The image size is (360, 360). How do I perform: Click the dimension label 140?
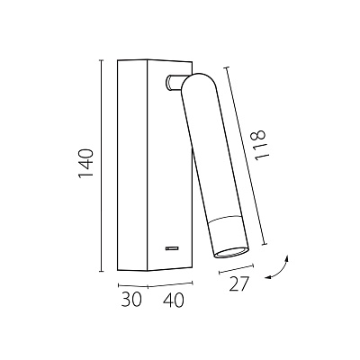[85, 164]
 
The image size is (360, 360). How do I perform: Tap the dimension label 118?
[259, 145]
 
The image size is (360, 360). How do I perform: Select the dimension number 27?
[239, 283]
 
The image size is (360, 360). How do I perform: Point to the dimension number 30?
[131, 299]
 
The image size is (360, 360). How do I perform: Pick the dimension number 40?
[173, 300]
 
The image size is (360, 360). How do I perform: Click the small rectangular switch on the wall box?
[173, 248]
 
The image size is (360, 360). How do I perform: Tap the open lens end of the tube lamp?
[231, 253]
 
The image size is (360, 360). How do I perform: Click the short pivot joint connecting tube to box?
[173, 83]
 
